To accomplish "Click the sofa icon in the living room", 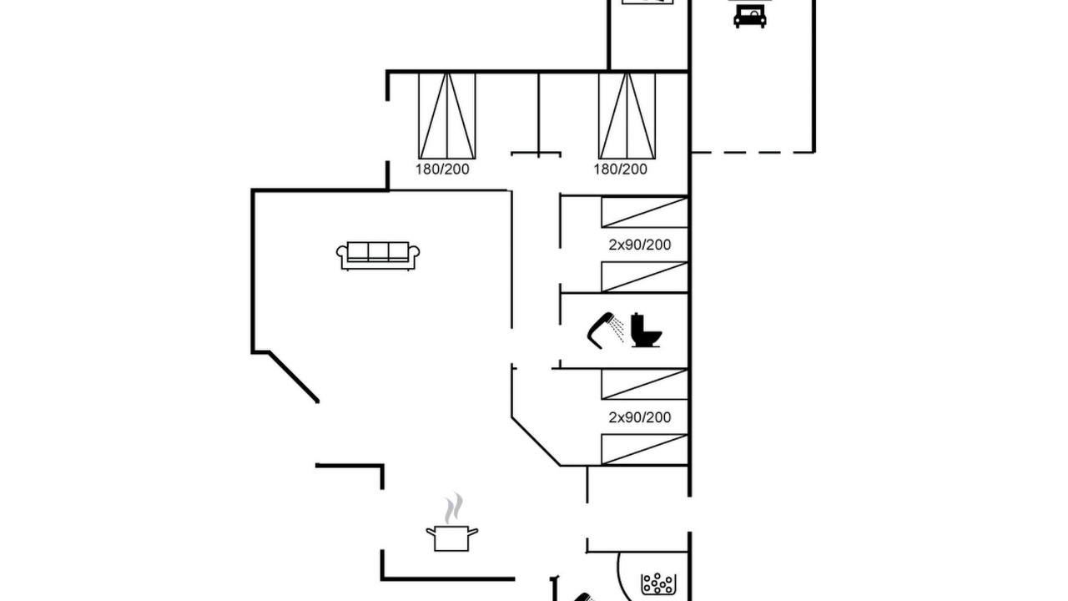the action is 378,255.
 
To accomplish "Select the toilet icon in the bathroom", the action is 646,330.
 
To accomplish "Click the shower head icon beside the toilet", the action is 605,330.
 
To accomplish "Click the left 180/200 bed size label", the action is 442,169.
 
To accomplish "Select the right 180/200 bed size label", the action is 620,169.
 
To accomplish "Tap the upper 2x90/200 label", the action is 639,245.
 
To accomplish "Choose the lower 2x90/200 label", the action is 639,417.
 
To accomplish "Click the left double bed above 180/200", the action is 446,116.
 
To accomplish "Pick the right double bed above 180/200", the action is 627,116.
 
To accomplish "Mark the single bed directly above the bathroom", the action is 645,277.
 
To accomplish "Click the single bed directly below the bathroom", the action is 645,384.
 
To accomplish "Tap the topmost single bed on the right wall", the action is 645,212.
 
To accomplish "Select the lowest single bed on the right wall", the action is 645,449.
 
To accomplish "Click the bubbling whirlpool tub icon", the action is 658,583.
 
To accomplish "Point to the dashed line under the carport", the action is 753,153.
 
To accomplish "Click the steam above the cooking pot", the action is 453,508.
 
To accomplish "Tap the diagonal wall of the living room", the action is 294,377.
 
